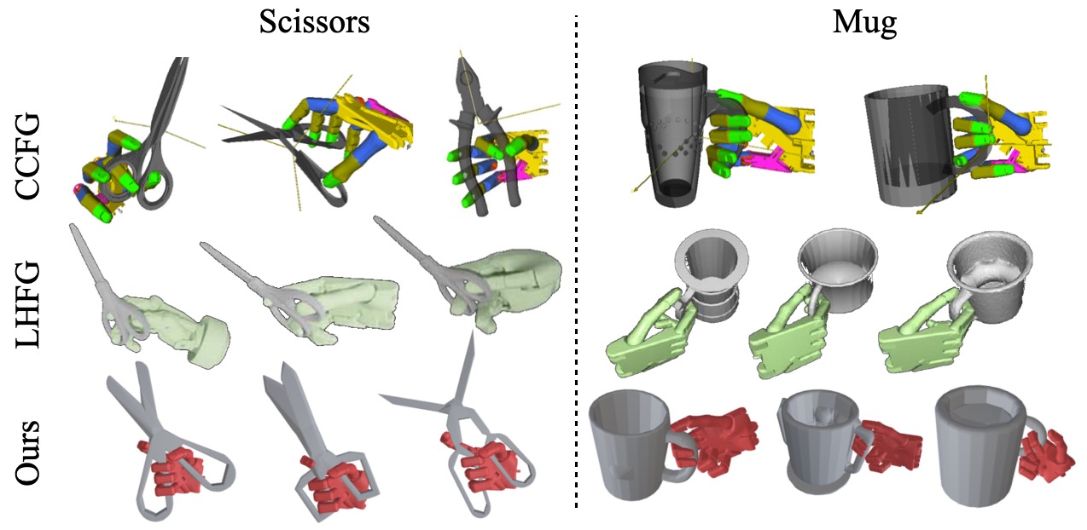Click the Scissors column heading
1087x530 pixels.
(315, 22)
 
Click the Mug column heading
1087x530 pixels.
(864, 23)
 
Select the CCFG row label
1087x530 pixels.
(27, 156)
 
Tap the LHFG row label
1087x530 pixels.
(27, 304)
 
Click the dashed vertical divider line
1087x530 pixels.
(576, 262)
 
